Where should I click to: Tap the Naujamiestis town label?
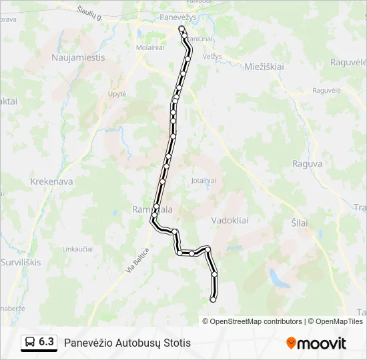coord(78,57)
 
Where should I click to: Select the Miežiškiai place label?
coord(264,67)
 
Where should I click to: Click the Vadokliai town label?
coord(231,220)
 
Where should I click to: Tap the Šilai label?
coord(300,223)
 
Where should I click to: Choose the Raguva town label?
coord(308,163)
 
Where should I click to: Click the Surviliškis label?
coord(20,262)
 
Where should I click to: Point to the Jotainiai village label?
coord(204,181)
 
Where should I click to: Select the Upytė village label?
coord(117,94)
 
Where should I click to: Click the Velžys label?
coord(212,57)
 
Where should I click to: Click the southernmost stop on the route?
coord(214,300)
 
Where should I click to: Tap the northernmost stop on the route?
coord(181,28)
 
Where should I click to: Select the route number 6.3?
coord(46,342)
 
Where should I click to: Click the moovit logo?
coord(316,343)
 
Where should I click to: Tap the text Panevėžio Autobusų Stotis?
coord(127,343)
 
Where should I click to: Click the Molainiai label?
coord(150,47)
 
